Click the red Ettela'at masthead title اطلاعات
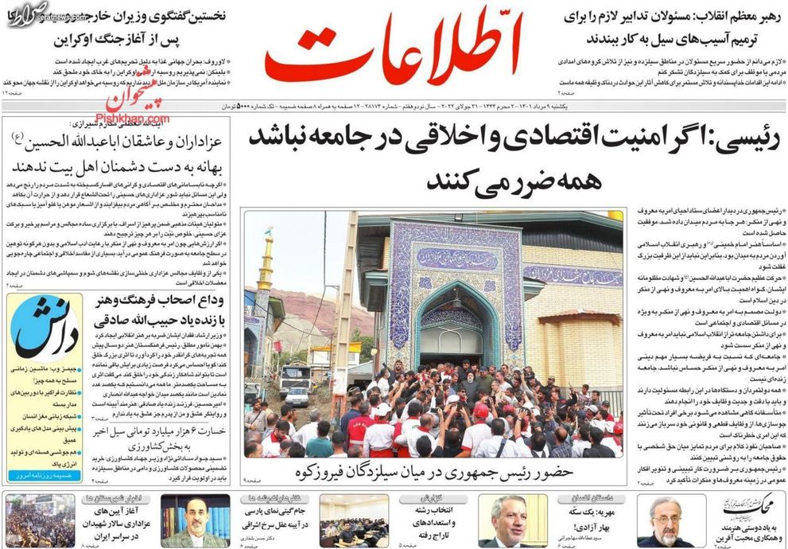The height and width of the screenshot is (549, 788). click(392, 49)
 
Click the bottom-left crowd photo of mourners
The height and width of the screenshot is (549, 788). click(40, 520)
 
